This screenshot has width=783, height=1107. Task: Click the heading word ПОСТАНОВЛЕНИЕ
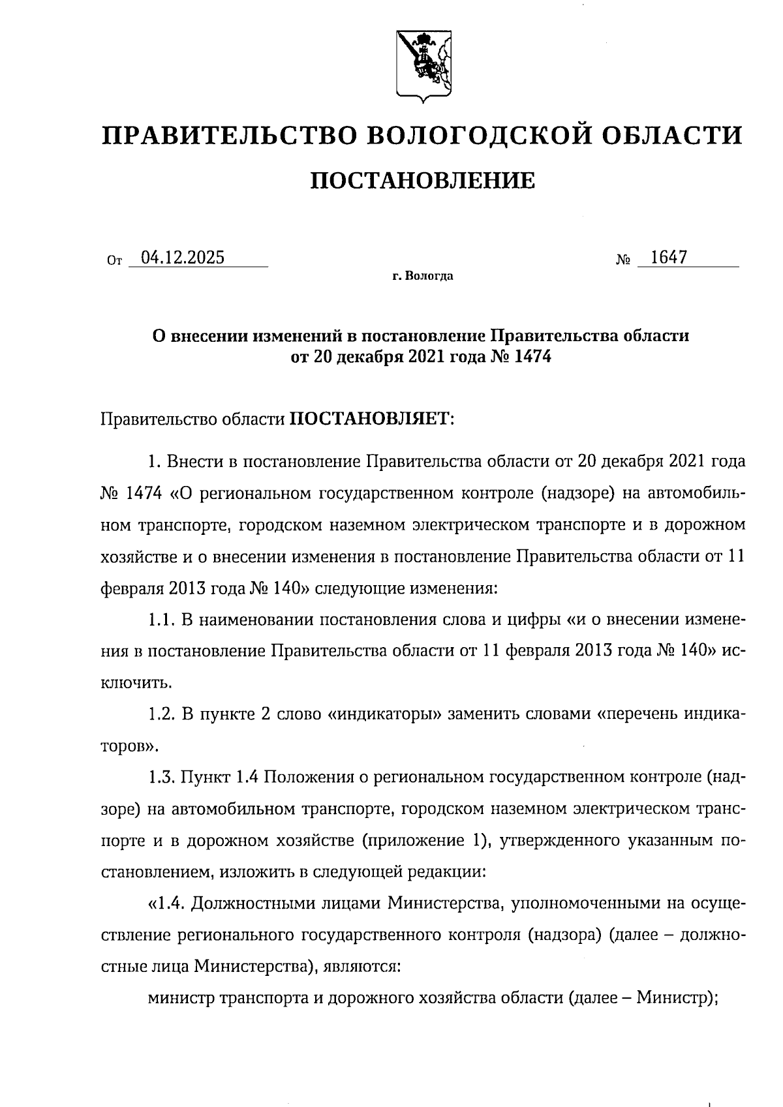422,180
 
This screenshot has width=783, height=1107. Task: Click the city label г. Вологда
423,277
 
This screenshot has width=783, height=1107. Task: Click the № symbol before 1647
623,260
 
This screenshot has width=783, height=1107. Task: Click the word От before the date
114,261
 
